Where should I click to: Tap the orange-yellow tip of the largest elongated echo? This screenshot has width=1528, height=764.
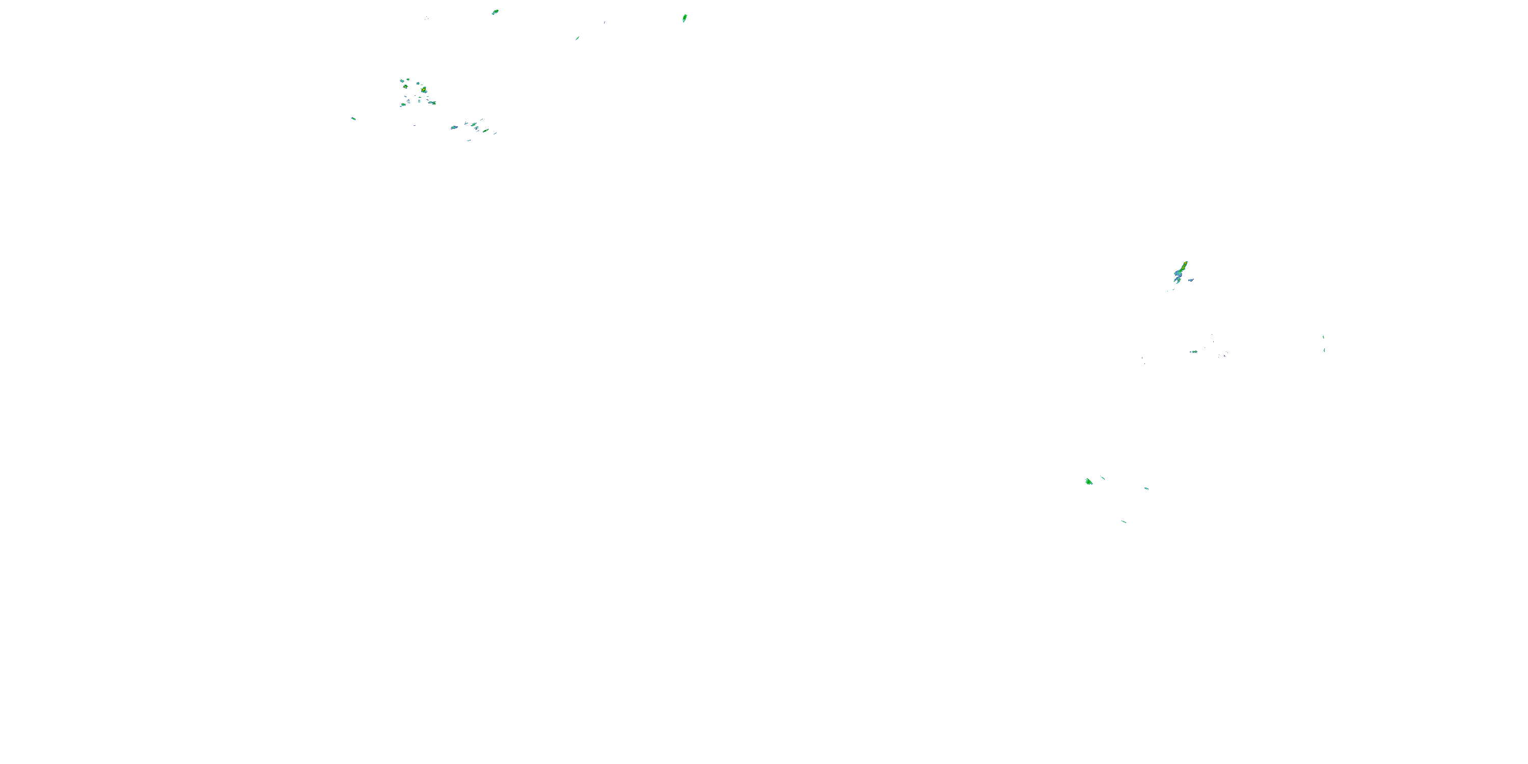(1185, 263)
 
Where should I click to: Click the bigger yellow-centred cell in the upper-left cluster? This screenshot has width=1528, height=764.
(424, 90)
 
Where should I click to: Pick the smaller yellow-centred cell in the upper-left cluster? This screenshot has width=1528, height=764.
(406, 87)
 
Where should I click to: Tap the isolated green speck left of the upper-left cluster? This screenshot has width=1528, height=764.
(353, 119)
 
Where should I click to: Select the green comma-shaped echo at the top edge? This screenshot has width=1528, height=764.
(495, 12)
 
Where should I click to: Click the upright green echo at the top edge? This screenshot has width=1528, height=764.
(685, 18)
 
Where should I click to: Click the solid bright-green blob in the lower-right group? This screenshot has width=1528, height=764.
(1088, 482)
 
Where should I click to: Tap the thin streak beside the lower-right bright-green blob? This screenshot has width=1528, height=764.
(1103, 478)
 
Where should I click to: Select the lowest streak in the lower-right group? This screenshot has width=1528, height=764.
(1124, 522)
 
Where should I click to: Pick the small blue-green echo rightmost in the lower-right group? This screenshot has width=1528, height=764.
(1146, 488)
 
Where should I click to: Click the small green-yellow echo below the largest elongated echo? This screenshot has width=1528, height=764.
(1193, 352)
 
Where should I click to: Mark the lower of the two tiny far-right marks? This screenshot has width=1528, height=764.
(1324, 350)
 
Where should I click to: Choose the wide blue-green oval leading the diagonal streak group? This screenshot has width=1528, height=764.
(454, 127)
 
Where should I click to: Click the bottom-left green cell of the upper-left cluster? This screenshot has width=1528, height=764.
(403, 105)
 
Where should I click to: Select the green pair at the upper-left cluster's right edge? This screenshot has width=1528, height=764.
(432, 102)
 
